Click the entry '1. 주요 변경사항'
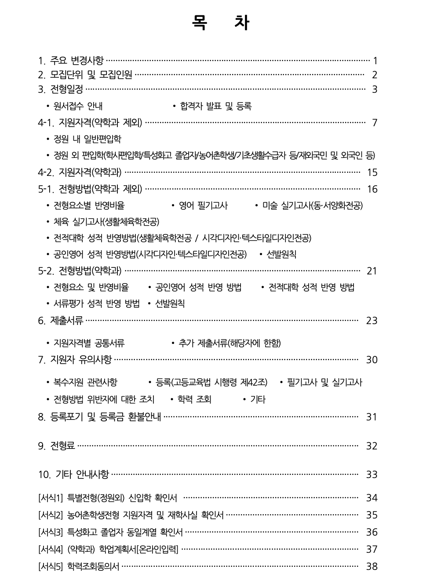click(71, 60)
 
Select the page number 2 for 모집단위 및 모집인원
click(375, 75)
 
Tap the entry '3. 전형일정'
click(61, 89)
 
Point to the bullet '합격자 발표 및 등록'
click(215, 106)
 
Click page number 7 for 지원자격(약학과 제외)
click(375, 123)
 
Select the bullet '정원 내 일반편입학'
click(87, 139)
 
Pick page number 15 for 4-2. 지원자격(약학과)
click(372, 172)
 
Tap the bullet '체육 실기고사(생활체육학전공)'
click(106, 222)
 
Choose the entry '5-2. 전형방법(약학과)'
click(80, 271)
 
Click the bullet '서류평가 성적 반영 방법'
click(96, 303)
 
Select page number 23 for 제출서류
click(372, 321)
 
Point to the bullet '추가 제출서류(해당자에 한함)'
click(229, 343)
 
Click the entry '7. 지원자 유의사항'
click(75, 360)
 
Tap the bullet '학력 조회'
click(194, 399)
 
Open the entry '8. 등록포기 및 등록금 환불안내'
click(99, 416)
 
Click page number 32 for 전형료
click(372, 446)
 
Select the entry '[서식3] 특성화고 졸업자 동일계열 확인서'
click(110, 532)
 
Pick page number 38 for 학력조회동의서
click(372, 566)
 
